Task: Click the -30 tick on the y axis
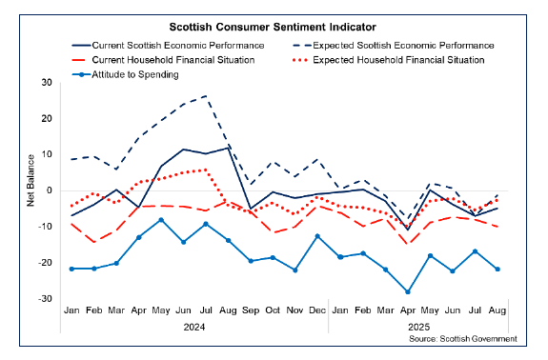pyautogui.click(x=45, y=299)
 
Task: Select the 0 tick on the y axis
pyautogui.click(x=50, y=191)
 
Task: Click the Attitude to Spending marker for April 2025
pyautogui.click(x=408, y=291)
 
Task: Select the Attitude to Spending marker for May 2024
pyautogui.click(x=161, y=220)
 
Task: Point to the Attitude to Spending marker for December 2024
pyautogui.click(x=317, y=236)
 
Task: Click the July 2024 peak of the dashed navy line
pyautogui.click(x=206, y=96)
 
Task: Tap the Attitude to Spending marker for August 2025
pyautogui.click(x=497, y=270)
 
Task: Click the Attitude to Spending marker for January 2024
pyautogui.click(x=71, y=269)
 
